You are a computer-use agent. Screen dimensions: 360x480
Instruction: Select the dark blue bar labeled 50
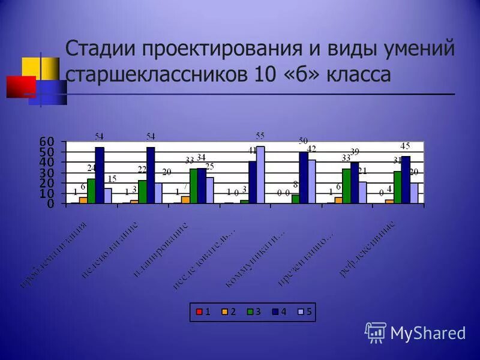[304, 178]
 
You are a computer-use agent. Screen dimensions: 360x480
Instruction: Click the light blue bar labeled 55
[260, 175]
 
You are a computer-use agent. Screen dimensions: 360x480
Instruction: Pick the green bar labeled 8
[295, 199]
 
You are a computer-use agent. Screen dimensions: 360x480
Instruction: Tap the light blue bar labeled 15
[108, 196]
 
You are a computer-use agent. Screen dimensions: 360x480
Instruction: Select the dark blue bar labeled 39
[355, 183]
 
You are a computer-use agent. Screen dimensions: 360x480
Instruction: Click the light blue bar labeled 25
[210, 190]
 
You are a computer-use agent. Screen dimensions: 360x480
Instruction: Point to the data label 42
[311, 148]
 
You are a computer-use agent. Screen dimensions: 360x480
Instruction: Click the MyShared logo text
[428, 332]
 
